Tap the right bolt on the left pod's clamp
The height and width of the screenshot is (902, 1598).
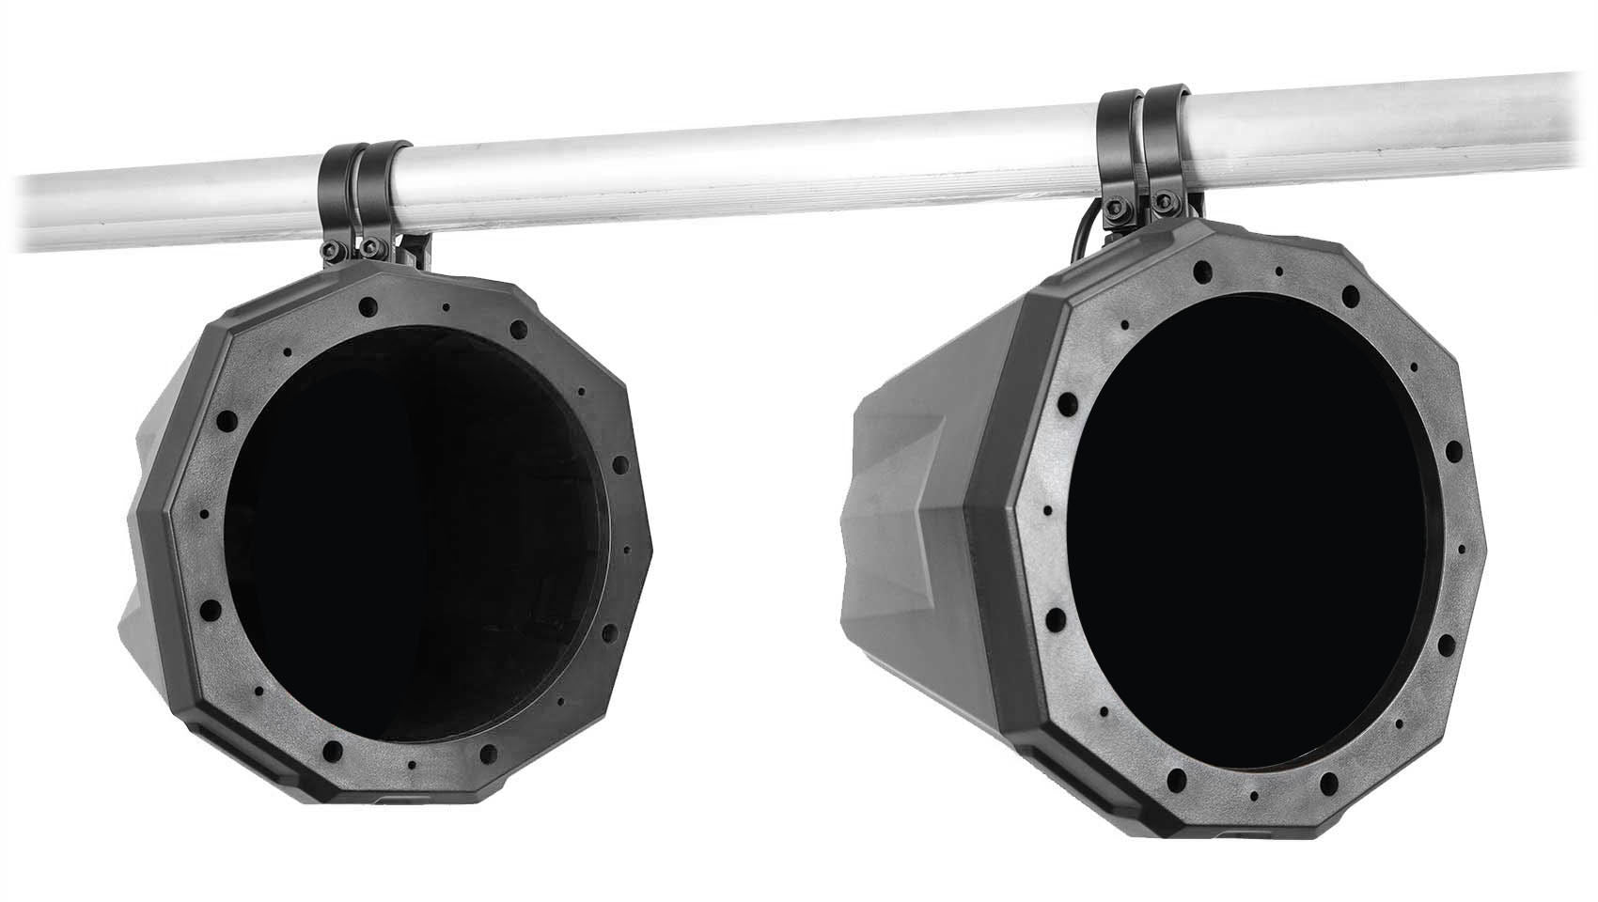tap(373, 247)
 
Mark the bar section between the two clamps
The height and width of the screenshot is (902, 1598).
tap(752, 169)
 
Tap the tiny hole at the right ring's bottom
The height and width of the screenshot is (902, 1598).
tap(1256, 795)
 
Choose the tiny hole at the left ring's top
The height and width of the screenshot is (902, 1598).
tap(446, 307)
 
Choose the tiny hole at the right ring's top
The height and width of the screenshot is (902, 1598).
tap(1278, 272)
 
